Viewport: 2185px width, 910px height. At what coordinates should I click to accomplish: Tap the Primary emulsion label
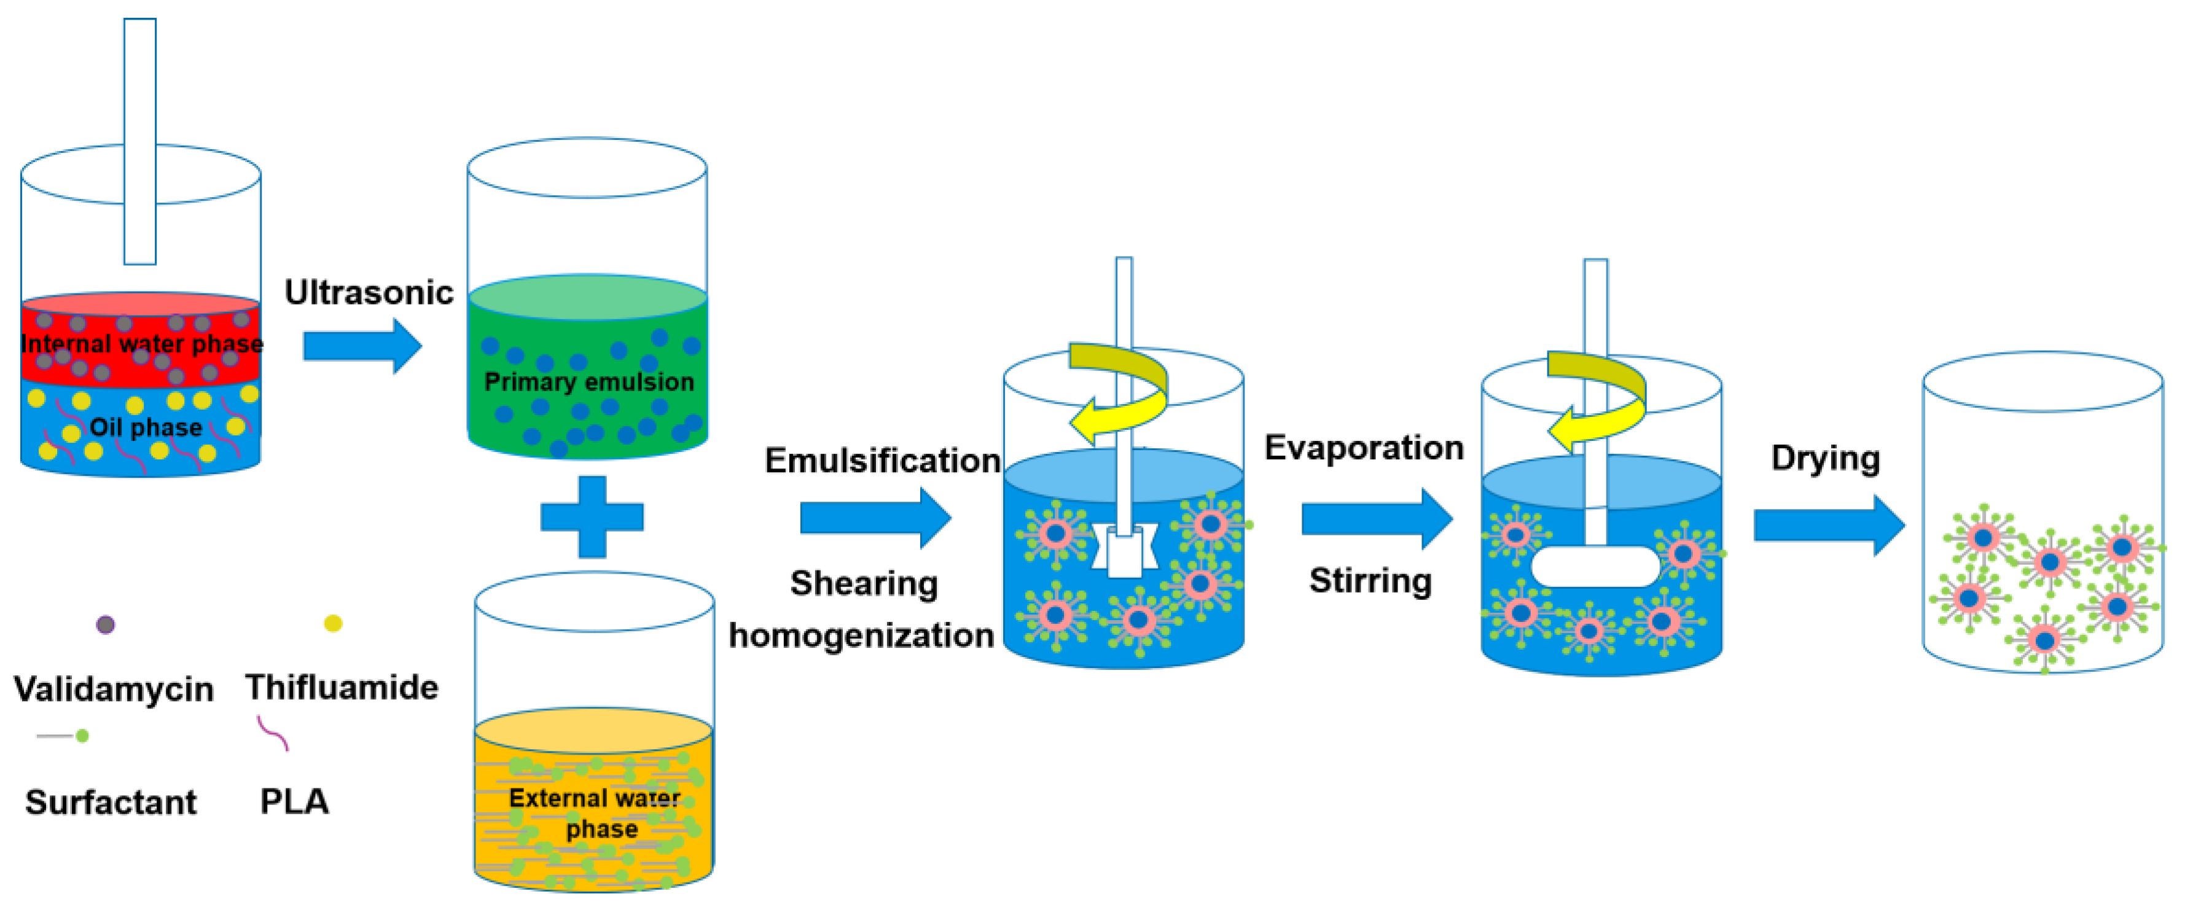click(x=588, y=382)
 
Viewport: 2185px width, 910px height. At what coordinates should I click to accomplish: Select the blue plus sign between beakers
click(x=592, y=516)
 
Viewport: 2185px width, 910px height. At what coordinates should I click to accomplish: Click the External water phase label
click(x=595, y=812)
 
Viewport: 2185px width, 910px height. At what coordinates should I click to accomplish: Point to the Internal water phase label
click(x=142, y=343)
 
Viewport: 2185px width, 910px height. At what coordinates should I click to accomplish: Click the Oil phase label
click(x=146, y=427)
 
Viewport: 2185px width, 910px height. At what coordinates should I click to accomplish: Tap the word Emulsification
click(x=882, y=461)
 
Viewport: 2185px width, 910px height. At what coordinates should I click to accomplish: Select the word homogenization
click(x=861, y=635)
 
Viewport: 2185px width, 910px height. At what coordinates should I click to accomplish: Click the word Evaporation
click(x=1364, y=448)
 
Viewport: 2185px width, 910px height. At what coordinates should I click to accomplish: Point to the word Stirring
click(x=1370, y=581)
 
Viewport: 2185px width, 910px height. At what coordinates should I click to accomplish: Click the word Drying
click(x=1826, y=458)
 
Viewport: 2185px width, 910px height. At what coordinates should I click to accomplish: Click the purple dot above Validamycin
click(x=105, y=625)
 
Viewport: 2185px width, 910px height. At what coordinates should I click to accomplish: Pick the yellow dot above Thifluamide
click(x=334, y=623)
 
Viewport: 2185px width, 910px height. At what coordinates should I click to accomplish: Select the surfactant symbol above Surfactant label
click(x=64, y=735)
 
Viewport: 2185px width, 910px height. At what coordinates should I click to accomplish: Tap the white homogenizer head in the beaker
click(x=1125, y=550)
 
